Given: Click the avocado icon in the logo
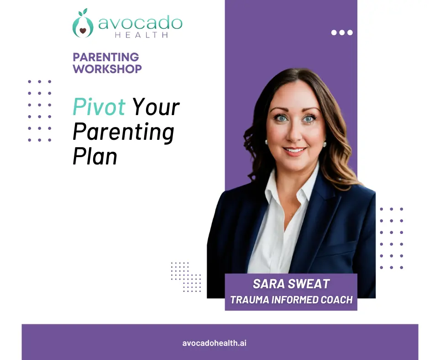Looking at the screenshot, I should (83, 25).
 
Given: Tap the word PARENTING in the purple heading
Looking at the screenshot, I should (106, 57).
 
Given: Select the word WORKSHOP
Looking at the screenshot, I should (107, 69).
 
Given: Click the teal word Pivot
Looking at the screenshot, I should (99, 107).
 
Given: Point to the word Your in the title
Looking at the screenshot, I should (156, 108).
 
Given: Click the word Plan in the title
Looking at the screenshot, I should (95, 156).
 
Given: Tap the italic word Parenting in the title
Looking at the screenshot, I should (123, 132).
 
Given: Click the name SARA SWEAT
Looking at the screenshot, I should (291, 284).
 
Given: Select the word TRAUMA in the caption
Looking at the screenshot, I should (249, 300).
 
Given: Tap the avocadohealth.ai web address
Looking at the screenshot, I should (214, 343).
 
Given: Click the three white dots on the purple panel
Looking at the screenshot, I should (342, 32).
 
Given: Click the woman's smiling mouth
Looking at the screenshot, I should (294, 150).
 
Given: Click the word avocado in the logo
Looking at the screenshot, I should (140, 23).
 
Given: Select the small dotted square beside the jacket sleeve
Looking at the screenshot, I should (186, 277).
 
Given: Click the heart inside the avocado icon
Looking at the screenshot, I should (83, 31).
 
